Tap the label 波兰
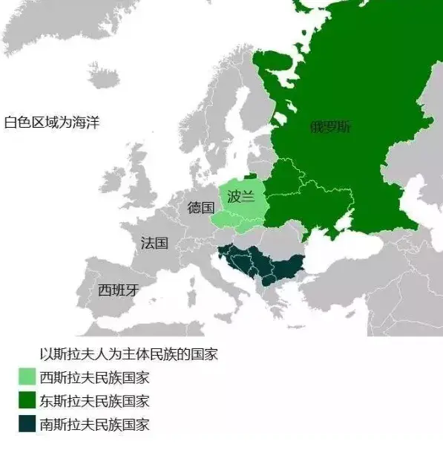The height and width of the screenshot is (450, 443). (241, 196)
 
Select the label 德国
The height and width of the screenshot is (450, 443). (200, 207)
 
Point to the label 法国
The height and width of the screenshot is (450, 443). (154, 243)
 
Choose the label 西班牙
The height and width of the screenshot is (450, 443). (118, 290)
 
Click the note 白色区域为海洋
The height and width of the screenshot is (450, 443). (51, 123)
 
